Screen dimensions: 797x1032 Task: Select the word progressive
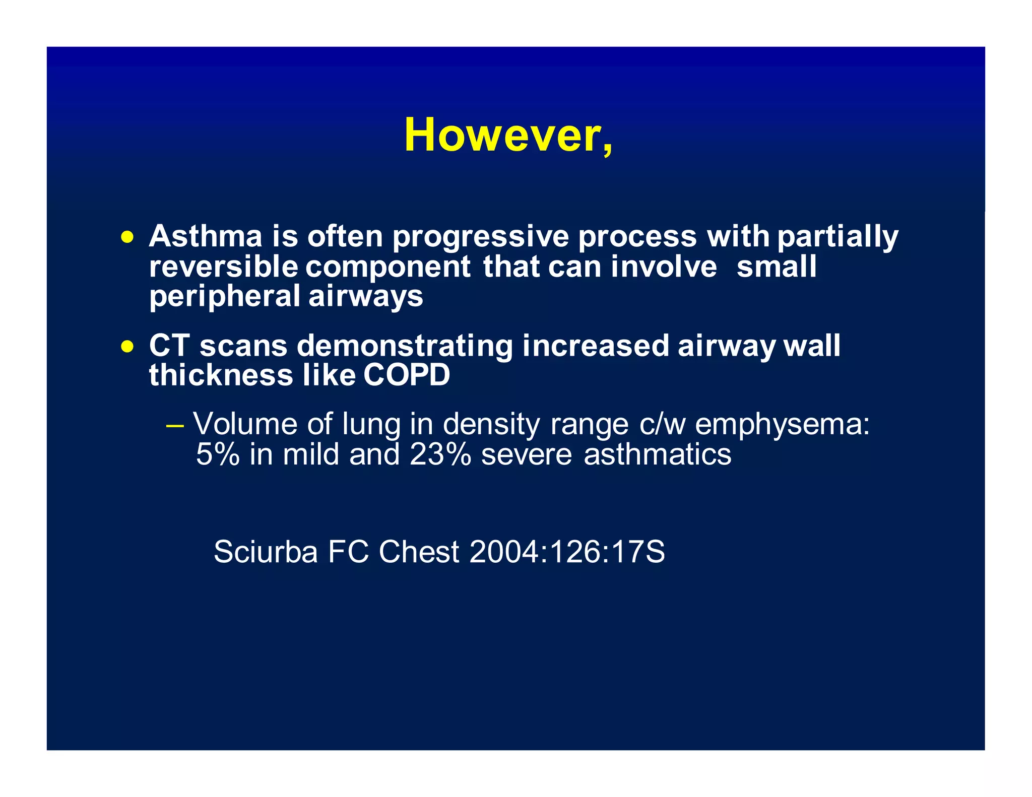point(481,237)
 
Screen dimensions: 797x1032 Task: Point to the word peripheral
point(225,296)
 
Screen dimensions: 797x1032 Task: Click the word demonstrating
point(404,347)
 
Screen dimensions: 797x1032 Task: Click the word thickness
point(221,375)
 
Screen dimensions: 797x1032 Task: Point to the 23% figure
point(440,454)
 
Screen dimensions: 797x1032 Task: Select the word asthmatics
point(657,454)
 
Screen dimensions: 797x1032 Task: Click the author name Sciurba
point(266,552)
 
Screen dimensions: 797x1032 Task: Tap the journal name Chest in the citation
point(419,552)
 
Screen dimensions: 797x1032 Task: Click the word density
point(491,425)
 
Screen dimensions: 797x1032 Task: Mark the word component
point(388,267)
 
